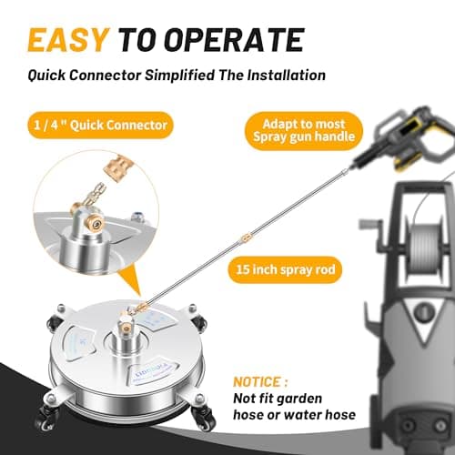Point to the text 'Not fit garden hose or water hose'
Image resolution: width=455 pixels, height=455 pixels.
(293, 410)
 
